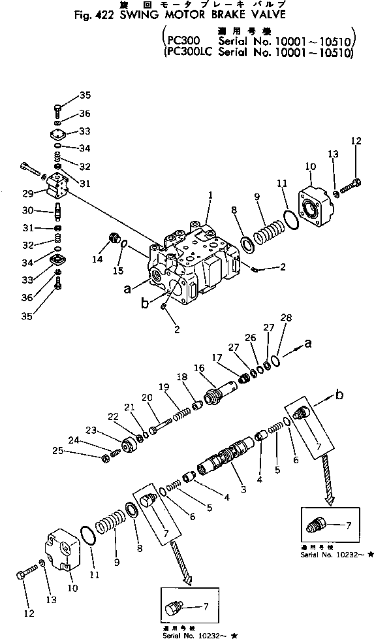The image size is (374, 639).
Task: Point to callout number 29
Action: click(27, 193)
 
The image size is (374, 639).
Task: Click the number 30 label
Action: click(27, 210)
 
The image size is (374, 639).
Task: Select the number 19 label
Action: click(163, 387)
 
